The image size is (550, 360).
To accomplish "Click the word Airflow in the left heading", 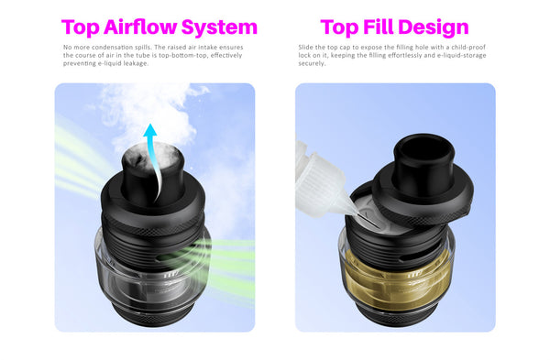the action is [x=140, y=27].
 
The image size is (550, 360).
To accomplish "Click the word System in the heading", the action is [x=220, y=28].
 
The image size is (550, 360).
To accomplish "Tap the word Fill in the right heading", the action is [x=379, y=27].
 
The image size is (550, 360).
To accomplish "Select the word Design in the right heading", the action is [x=434, y=28].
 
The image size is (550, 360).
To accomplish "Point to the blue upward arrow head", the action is [x=150, y=130].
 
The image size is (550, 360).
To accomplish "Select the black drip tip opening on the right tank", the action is [x=423, y=147].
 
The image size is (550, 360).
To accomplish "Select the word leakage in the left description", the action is [x=136, y=63].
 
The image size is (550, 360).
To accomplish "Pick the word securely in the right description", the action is [x=312, y=63].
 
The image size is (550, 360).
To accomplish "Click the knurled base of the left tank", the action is [x=153, y=317].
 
